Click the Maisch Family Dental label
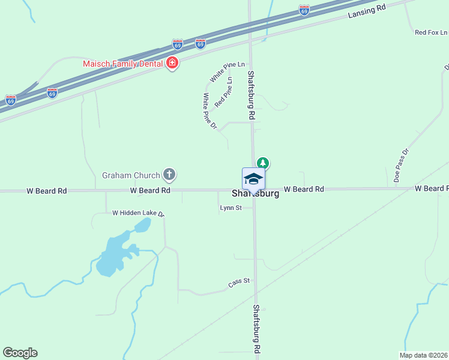pos(123,62)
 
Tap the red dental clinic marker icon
pos(172,63)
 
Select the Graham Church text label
pos(131,175)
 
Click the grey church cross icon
pos(170,175)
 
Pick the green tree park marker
pos(262,163)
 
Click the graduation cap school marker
pos(253,179)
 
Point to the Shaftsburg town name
pos(255,194)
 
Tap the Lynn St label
pos(231,208)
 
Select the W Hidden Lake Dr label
pos(138,213)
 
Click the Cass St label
pos(238,282)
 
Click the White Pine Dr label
pos(209,111)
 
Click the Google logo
pos(20,353)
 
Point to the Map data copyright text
pos(424,355)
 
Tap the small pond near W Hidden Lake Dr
pos(142,225)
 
